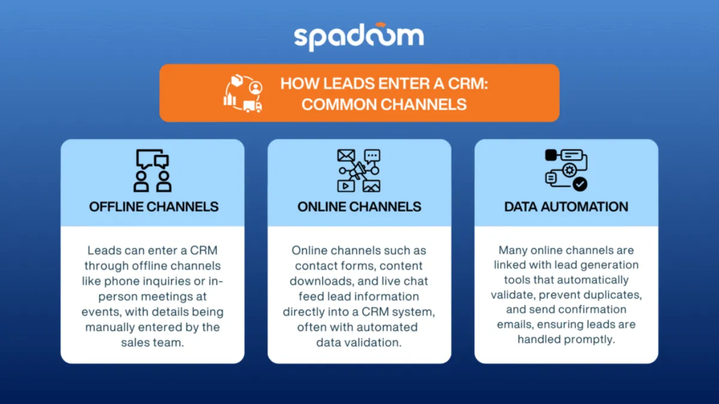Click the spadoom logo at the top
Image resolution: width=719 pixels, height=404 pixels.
pyautogui.click(x=359, y=37)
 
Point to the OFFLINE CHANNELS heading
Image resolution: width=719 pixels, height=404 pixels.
pyautogui.click(x=153, y=207)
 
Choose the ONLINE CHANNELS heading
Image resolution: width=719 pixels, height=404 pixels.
pyautogui.click(x=359, y=207)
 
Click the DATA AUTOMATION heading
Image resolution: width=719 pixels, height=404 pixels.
pyautogui.click(x=566, y=207)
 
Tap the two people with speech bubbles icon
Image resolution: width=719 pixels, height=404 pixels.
pyautogui.click(x=153, y=171)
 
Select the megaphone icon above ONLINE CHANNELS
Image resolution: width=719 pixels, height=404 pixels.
pyautogui.click(x=359, y=171)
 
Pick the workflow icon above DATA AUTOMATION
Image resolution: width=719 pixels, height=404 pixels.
pyautogui.click(x=566, y=170)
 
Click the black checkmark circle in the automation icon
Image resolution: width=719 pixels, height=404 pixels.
pyautogui.click(x=580, y=184)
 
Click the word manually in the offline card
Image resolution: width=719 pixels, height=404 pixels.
pyautogui.click(x=115, y=327)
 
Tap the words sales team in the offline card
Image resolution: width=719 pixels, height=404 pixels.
pyautogui.click(x=152, y=343)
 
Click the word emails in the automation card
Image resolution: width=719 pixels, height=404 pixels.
pyautogui.click(x=518, y=324)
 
